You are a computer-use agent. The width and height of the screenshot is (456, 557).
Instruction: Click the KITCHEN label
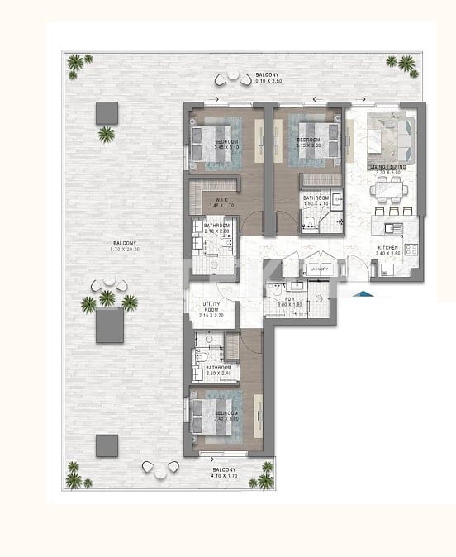pyautogui.click(x=387, y=247)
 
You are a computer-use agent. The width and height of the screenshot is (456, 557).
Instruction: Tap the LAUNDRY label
pyautogui.click(x=318, y=269)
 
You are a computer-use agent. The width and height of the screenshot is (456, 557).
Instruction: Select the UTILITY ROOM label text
pyautogui.click(x=211, y=306)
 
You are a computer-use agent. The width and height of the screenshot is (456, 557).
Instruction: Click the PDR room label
pyautogui.click(x=289, y=298)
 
